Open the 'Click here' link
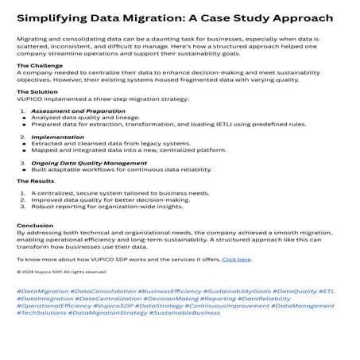[236, 259]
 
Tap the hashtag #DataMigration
[42, 292]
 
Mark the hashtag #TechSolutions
[41, 312]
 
